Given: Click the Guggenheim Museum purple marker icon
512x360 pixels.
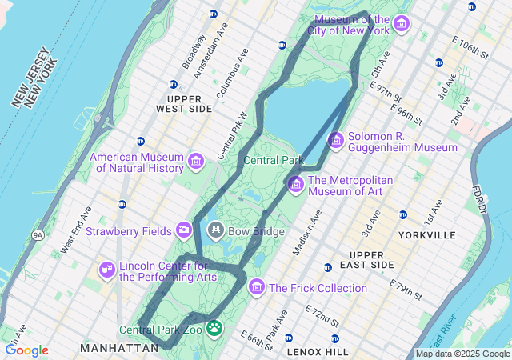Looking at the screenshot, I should (335, 140).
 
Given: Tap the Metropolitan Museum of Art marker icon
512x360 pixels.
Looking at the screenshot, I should (295, 185).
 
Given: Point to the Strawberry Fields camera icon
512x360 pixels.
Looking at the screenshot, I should (185, 231).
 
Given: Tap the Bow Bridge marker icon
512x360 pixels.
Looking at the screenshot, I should (215, 231).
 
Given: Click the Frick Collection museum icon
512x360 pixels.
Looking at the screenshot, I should (257, 286).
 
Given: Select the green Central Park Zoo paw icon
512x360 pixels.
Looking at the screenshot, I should (214, 328).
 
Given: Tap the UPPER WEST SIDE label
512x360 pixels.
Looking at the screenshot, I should (184, 102).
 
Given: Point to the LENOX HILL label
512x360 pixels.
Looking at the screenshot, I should (317, 351).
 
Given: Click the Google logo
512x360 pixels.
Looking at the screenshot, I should (26, 350).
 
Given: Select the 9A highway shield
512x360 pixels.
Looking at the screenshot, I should (38, 235).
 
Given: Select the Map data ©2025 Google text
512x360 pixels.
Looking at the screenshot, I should (462, 354).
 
